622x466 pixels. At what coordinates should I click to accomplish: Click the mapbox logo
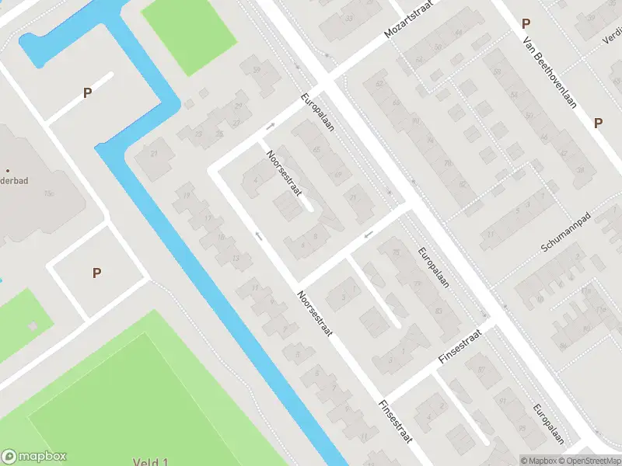click(x=34, y=457)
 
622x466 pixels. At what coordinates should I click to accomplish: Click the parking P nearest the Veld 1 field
click(x=96, y=273)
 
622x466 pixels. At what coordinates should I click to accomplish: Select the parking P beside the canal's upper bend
click(x=88, y=93)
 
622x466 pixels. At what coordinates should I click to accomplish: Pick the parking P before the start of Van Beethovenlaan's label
click(x=526, y=23)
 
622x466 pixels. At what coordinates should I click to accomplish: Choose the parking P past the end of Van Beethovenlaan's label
click(x=598, y=123)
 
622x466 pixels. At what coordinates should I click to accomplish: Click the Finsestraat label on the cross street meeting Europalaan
click(x=460, y=347)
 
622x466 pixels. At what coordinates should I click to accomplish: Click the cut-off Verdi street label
click(x=611, y=37)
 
